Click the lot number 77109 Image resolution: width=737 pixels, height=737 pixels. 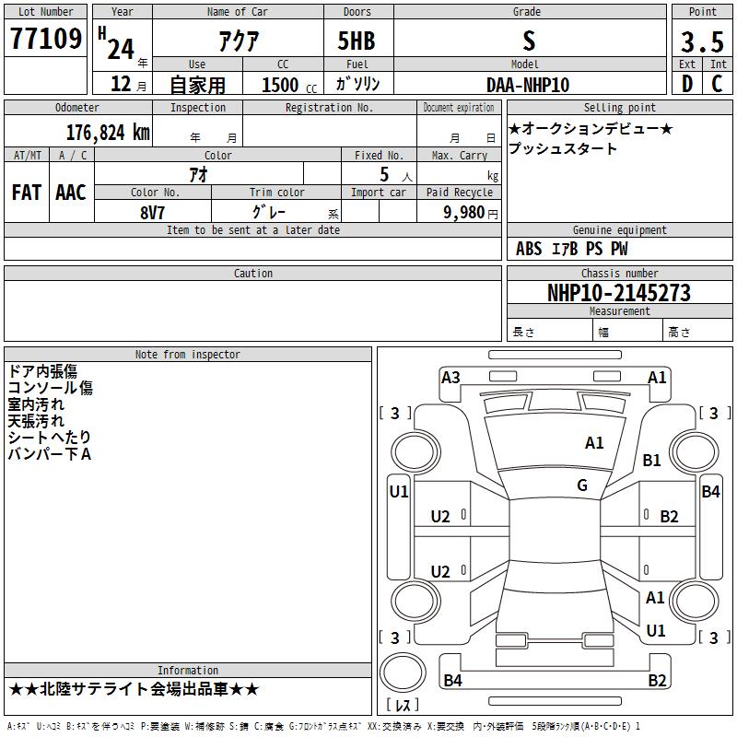pos(45,39)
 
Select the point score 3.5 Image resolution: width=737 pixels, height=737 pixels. pos(702,41)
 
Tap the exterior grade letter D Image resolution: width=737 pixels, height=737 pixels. pos(687,84)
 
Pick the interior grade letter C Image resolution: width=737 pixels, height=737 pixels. pos(717,84)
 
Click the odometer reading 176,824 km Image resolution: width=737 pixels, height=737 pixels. pos(108,133)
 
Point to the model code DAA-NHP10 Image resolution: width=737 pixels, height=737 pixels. pos(528,85)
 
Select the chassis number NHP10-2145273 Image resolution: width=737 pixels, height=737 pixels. pos(619,293)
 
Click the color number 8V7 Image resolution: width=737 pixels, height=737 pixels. pos(152,213)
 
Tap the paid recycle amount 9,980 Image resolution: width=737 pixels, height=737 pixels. pos(464,212)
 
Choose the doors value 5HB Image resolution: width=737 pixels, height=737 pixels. pos(357,41)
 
